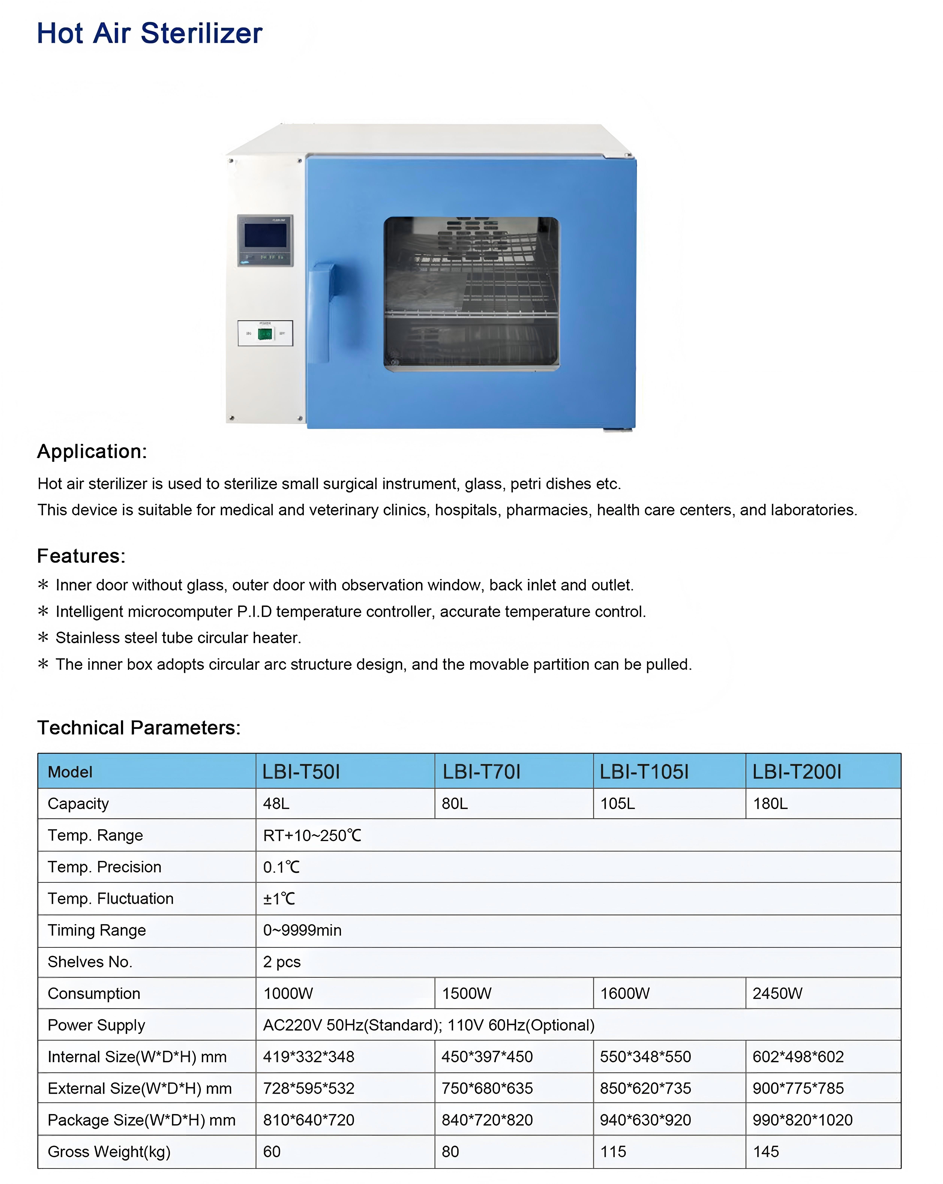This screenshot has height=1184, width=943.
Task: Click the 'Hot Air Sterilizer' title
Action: tap(149, 34)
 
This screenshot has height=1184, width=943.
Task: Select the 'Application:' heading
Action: tap(92, 451)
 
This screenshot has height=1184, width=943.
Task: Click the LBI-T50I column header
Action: tap(301, 772)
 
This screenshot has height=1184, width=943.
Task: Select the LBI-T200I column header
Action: tap(796, 772)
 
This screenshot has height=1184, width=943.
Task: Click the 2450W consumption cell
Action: tap(777, 993)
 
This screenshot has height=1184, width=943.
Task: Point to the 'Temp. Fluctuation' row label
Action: tap(110, 898)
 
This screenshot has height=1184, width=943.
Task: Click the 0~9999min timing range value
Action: tap(302, 930)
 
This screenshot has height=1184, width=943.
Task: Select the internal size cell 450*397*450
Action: tap(487, 1057)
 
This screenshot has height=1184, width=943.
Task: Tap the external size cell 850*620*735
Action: tap(645, 1088)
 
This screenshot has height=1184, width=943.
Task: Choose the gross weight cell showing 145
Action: tap(766, 1152)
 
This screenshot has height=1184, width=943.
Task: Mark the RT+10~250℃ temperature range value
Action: tap(312, 835)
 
